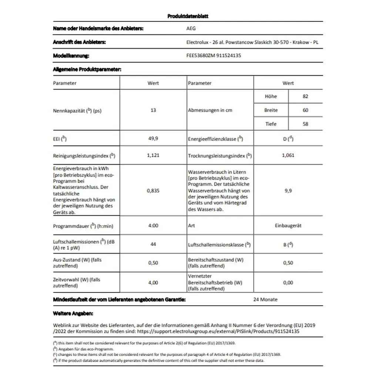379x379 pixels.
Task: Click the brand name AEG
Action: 191,28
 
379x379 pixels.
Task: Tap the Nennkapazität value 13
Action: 153,110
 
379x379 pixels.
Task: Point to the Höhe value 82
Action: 305,96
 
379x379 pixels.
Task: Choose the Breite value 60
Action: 305,110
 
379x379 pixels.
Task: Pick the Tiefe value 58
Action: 305,124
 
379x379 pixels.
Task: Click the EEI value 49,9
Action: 153,139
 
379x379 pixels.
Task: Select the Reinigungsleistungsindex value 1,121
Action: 153,155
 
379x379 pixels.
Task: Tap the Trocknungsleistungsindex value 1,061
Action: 288,155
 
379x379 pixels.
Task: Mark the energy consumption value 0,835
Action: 153,191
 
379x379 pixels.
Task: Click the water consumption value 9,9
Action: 288,191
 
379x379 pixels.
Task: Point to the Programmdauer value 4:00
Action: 153,225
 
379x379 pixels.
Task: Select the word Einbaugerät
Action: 288,225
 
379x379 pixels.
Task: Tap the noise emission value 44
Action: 153,244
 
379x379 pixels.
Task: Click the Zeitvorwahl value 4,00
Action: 153,282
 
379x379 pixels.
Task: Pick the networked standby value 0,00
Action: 288,282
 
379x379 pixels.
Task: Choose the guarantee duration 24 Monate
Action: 265,299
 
